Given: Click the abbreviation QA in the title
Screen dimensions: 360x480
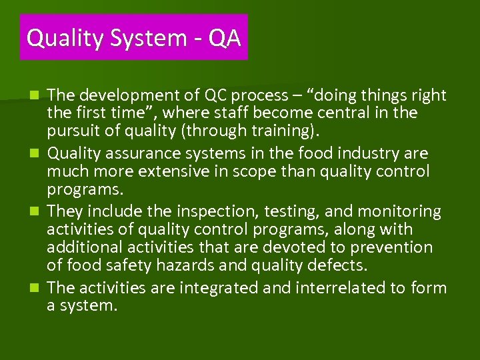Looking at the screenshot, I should pyautogui.click(x=224, y=38).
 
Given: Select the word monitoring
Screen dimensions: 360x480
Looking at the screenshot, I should pyautogui.click(x=399, y=212).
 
